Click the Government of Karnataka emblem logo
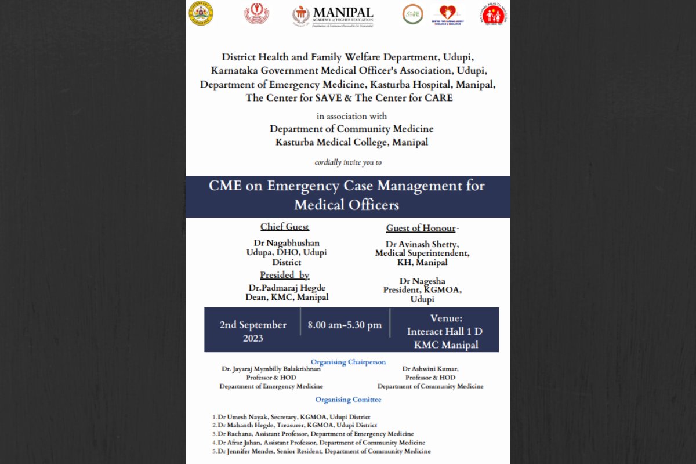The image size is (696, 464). pos(202,13)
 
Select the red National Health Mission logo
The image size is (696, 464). pos(494,14)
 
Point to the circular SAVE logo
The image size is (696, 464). pos(412,14)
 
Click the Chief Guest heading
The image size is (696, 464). pos(284,227)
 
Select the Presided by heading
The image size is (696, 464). pos(284,275)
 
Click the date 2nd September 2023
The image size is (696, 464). pos(253,331)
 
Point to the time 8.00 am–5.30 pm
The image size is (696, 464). pos(345,325)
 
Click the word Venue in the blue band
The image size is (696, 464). pos(445,318)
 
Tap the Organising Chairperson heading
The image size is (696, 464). pos(348,362)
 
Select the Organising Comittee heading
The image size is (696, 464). pos(348,400)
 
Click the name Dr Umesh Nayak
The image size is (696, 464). pos(240,417)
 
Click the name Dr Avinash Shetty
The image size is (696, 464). pos(422,244)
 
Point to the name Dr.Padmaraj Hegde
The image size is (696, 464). pos(287,288)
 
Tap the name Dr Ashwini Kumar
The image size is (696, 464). pos(430,369)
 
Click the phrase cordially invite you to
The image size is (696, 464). pos(348,162)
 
